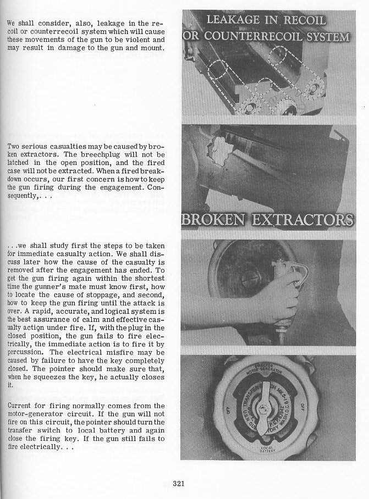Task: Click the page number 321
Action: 178,484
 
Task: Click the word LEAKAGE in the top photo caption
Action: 234,21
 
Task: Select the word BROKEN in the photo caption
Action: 213,220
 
